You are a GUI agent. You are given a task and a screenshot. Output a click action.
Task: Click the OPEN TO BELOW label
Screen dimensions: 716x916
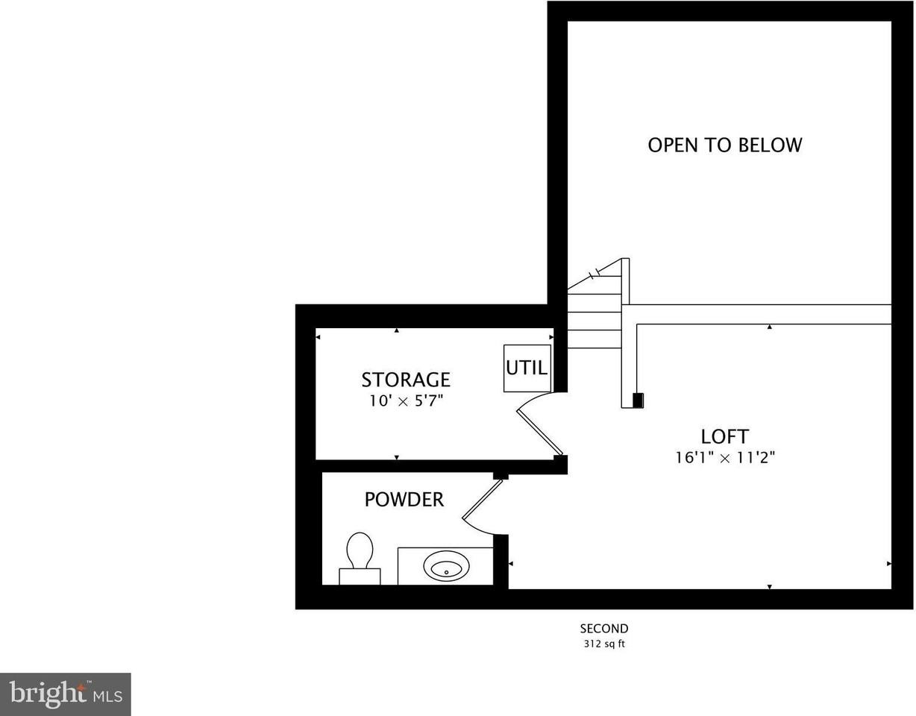[x=724, y=145]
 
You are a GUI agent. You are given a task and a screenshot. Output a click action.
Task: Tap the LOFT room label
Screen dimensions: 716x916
[x=724, y=436]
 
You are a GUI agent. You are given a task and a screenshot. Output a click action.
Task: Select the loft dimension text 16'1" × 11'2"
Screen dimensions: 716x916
[x=725, y=458]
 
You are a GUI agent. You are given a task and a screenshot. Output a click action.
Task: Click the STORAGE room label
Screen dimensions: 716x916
[x=406, y=380]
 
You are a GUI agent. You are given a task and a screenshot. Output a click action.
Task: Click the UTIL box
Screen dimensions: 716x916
[x=527, y=368]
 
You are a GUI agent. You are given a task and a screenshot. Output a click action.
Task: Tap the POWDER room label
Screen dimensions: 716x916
[x=404, y=499]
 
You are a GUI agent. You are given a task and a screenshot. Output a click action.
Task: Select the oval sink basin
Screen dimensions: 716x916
[x=446, y=567]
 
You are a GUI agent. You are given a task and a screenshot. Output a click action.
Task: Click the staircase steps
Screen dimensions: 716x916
[x=594, y=321]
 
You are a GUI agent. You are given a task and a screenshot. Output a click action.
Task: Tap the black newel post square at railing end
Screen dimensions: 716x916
[x=638, y=401]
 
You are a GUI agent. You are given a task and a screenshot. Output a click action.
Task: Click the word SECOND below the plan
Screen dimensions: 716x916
[x=604, y=629]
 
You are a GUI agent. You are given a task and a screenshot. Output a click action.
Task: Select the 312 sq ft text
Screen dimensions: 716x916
[x=604, y=644]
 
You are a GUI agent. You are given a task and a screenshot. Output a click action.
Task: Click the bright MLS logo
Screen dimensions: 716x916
[x=65, y=694]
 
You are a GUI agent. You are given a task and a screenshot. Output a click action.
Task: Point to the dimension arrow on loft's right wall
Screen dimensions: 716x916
[x=888, y=564]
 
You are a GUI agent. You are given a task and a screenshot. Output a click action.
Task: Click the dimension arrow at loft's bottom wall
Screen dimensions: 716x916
[x=769, y=587]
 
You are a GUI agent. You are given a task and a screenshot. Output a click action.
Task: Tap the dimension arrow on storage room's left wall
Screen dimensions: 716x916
[x=318, y=337]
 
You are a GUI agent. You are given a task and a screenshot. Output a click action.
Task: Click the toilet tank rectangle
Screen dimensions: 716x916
[x=360, y=576]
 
